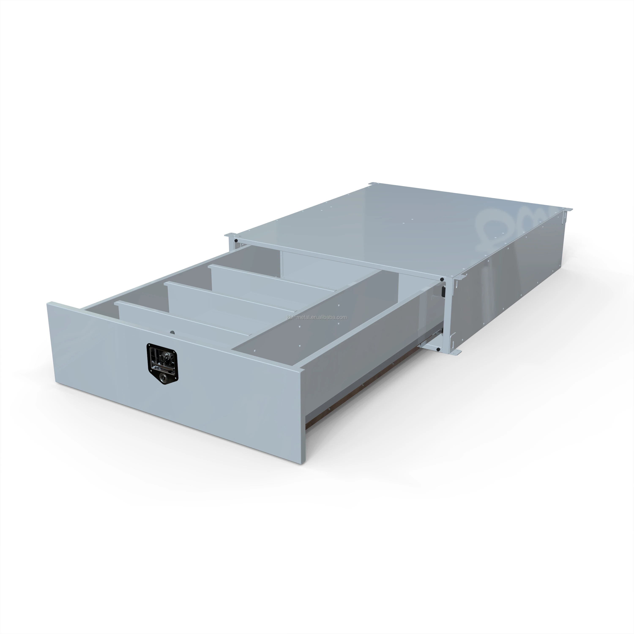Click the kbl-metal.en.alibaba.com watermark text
point(317,317)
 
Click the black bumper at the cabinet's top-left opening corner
point(236,241)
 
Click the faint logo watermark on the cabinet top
point(496,226)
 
